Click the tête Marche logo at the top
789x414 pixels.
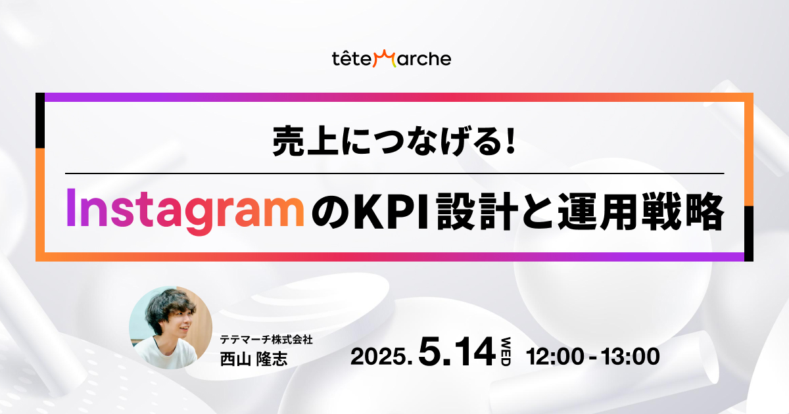[391, 58]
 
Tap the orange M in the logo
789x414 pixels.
[385, 58]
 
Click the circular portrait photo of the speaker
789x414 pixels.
[170, 327]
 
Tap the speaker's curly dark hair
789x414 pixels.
[169, 307]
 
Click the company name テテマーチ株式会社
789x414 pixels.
[266, 339]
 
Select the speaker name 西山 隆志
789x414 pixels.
[254, 359]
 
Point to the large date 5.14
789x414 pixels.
[457, 352]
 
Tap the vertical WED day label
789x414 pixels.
[506, 352]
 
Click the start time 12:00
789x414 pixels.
[555, 356]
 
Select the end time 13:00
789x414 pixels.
[631, 356]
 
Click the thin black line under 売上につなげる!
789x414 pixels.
[394, 173]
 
